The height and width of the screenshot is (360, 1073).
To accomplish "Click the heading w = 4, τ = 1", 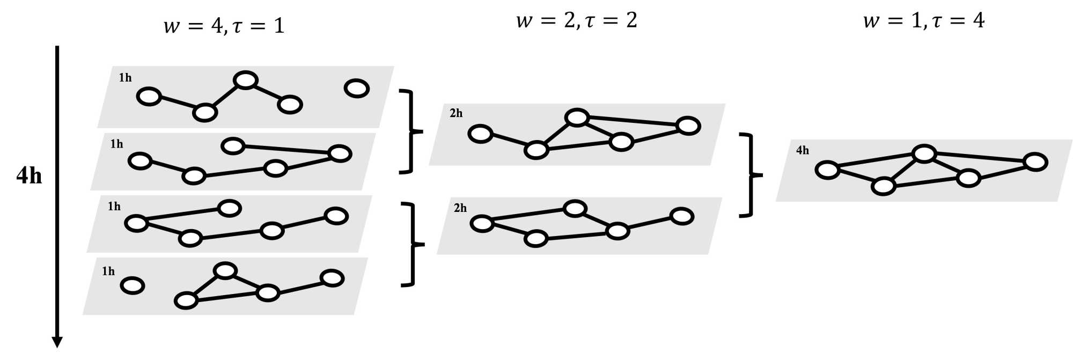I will pos(224,26).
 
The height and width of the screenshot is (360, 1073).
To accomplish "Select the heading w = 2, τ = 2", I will pos(576,20).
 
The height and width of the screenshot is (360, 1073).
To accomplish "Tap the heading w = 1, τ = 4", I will pos(924,20).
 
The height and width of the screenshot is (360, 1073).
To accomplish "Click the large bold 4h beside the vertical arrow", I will pos(29,175).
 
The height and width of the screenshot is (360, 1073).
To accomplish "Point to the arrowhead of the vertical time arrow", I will pos(57,342).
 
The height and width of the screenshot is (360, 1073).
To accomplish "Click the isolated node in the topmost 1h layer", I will pos(357,88).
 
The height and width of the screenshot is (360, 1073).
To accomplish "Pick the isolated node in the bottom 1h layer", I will pos(133,285).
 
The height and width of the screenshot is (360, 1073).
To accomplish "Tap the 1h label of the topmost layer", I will pos(125,78).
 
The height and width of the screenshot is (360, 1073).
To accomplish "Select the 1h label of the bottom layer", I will pos(108,271).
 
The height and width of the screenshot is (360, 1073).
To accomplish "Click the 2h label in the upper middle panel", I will pos(456,113).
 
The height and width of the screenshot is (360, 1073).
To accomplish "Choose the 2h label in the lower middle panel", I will pos(460,208).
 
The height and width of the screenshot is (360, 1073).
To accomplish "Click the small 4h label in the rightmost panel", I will pos(803,151).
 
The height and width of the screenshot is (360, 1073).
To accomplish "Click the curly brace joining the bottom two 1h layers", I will pos(413,244).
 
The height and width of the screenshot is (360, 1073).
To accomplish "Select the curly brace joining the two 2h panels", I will pos(751,175).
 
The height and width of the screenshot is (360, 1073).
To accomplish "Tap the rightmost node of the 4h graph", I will pos(1035,162).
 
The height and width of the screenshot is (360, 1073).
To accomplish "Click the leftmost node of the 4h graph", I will pos(827,170).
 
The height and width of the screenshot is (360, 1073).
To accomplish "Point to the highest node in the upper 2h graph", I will pos(577,117).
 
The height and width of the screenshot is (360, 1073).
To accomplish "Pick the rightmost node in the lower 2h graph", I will pos(682,217).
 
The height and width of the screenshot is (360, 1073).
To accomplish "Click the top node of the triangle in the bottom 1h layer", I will pos(225,271).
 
